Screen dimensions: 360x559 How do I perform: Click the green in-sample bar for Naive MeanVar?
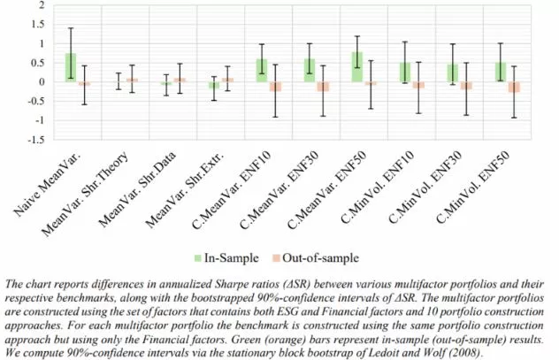(70, 67)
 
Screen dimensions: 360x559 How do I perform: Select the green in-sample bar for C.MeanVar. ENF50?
(356, 66)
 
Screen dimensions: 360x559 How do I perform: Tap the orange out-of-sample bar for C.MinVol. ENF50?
(513, 87)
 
